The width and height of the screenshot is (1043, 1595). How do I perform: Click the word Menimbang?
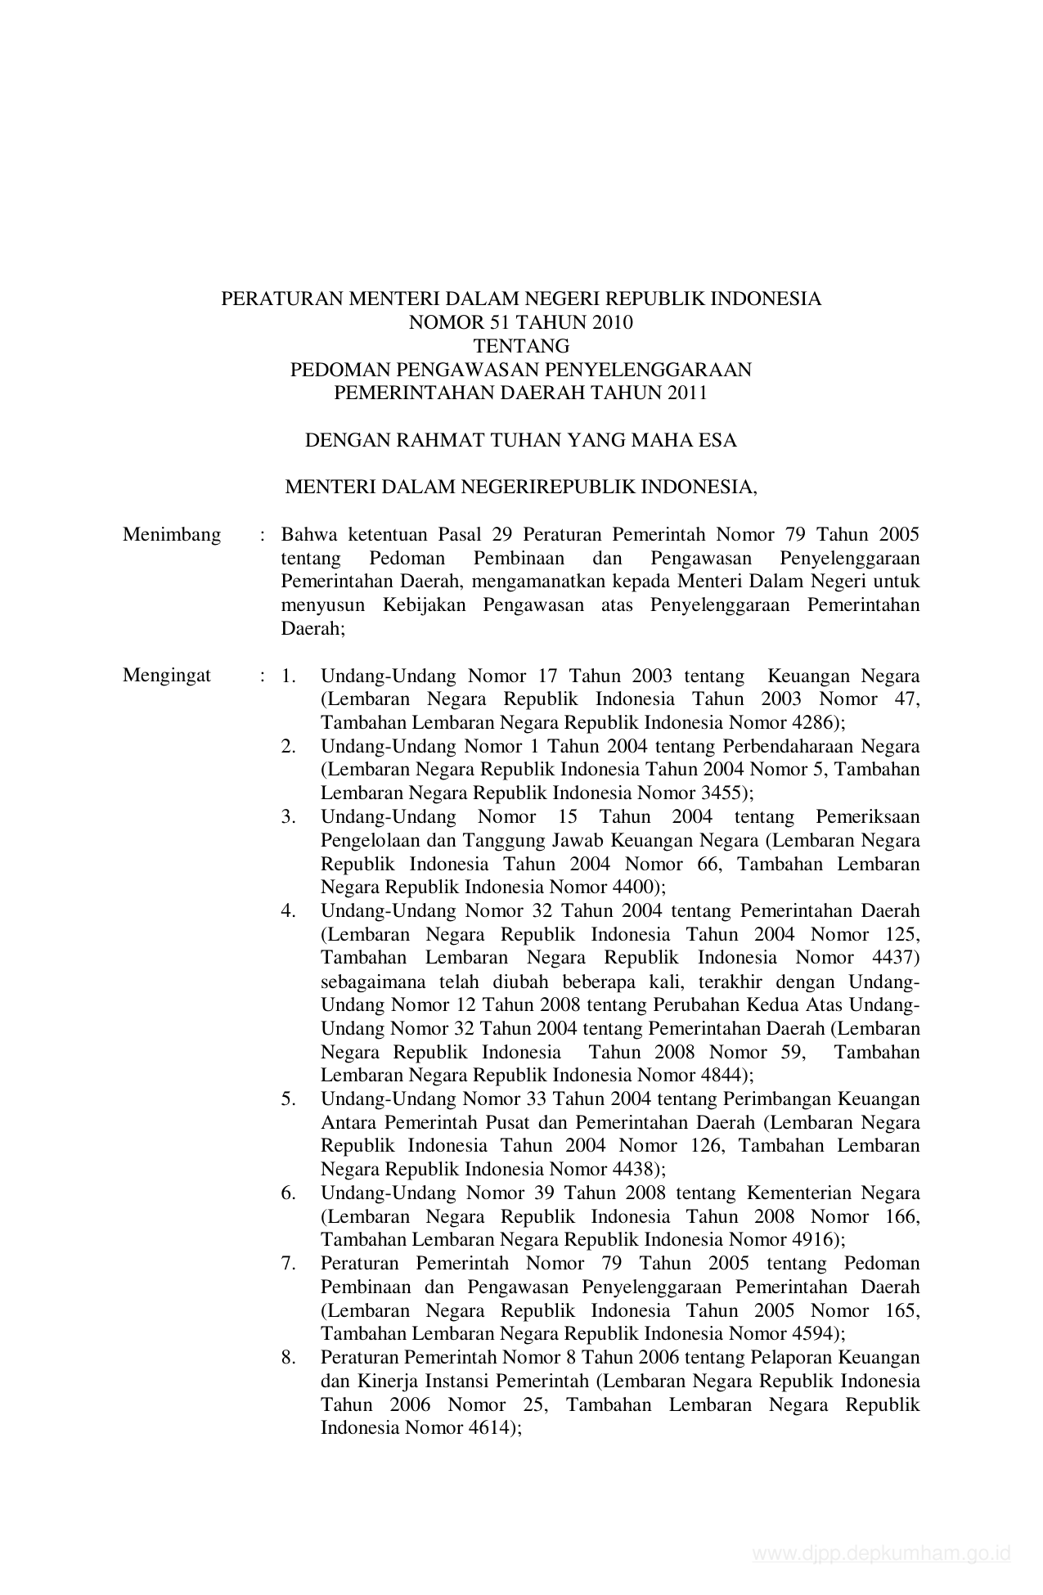172,535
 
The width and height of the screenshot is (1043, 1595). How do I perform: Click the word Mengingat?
167,676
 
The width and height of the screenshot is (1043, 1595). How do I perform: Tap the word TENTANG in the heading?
521,346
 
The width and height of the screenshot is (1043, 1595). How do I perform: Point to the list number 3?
288,817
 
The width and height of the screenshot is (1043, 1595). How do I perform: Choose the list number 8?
288,1358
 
